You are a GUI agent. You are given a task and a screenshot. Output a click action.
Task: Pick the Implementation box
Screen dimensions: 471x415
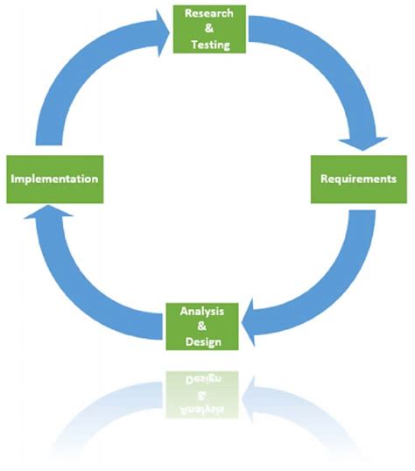pyautogui.click(x=55, y=179)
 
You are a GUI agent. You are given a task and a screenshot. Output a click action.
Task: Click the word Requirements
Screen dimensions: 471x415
pyautogui.click(x=357, y=179)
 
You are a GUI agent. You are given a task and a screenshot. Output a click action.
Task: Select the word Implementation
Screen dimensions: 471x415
pyautogui.click(x=55, y=179)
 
